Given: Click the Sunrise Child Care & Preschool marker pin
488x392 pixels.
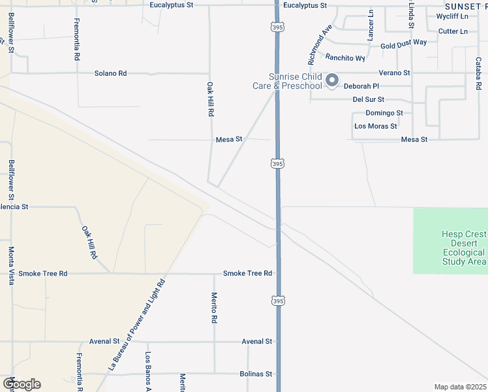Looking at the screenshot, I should click(332, 80).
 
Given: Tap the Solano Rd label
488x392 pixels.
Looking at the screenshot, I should click(110, 73).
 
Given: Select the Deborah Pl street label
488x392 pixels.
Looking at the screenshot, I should click(361, 86).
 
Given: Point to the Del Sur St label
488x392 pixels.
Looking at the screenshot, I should click(368, 99).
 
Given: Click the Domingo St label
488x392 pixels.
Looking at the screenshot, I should click(384, 112).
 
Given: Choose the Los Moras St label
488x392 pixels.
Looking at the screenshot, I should click(375, 126).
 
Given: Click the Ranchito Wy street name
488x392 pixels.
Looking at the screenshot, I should click(346, 57).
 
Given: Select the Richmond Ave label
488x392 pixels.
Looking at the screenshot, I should click(320, 44).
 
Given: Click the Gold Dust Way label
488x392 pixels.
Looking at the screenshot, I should click(403, 43).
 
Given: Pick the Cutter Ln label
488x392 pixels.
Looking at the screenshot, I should click(453, 31).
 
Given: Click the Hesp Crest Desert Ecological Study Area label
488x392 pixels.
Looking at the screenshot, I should click(463, 248).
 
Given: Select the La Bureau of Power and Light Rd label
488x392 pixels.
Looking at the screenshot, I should click(137, 323).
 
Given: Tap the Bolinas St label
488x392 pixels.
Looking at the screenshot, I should click(256, 374).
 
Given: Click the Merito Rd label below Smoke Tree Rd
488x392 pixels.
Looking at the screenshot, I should click(214, 308).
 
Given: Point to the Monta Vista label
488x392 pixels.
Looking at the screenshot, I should click(12, 261).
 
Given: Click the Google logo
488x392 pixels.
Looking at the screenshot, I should click(22, 384).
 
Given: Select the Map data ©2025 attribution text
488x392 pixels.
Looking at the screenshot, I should click(459, 387).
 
